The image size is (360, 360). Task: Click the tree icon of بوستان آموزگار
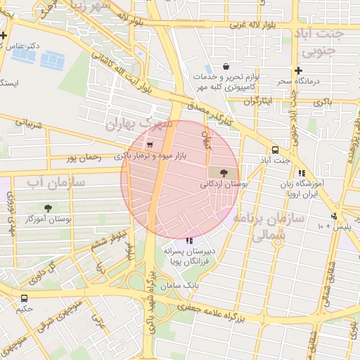point(48,207)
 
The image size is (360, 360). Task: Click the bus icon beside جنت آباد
point(274,150)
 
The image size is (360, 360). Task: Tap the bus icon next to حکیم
point(25,298)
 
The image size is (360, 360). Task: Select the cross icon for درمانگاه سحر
point(299,70)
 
